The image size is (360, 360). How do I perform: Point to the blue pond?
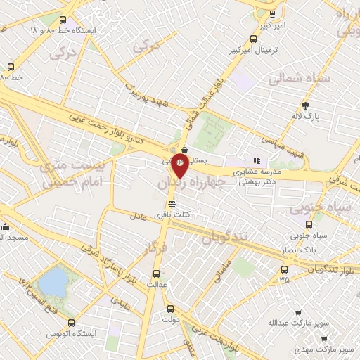point(52,283)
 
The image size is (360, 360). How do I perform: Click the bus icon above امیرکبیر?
point(272,13)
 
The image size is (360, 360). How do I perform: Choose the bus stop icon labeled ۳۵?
point(284,269)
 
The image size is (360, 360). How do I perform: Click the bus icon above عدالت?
point(157,274)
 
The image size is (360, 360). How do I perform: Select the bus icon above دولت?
point(169,308)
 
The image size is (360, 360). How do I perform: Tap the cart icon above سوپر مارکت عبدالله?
point(298,313)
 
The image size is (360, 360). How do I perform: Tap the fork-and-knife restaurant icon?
point(257,160)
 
